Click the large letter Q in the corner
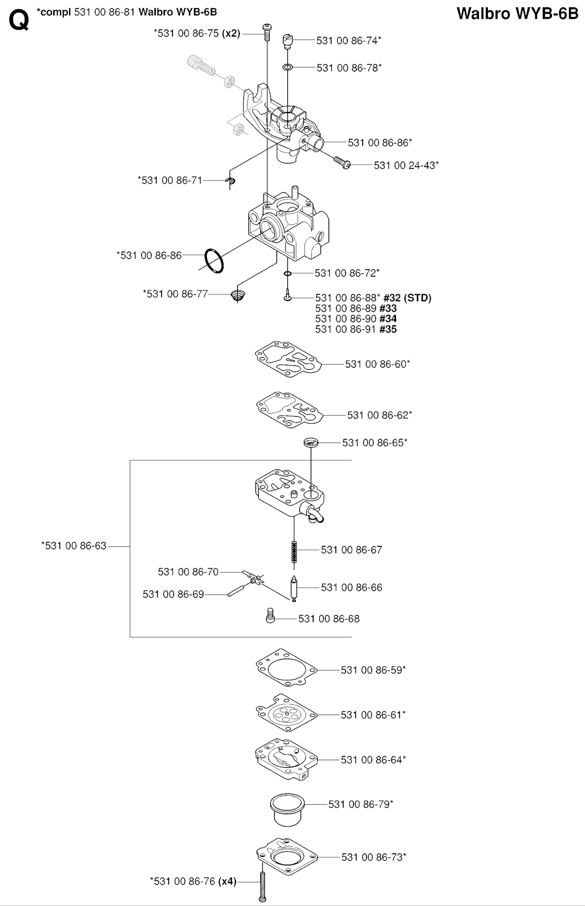tap(19, 21)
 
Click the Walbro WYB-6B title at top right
tap(518, 14)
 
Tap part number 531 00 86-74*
tap(348, 41)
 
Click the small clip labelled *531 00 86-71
tap(230, 182)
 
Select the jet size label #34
tap(388, 319)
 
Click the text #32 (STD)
tap(407, 298)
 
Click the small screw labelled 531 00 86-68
tap(271, 617)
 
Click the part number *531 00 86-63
tap(74, 546)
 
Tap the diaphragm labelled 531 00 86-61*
tap(286, 714)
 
